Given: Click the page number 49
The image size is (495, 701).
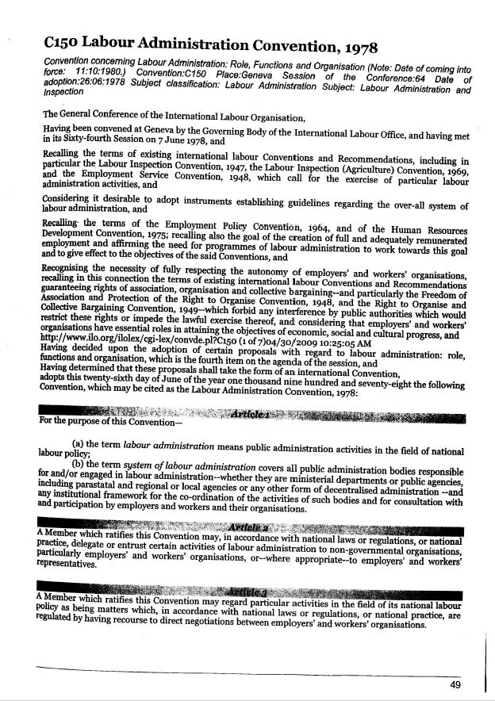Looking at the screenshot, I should (x=455, y=684).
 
